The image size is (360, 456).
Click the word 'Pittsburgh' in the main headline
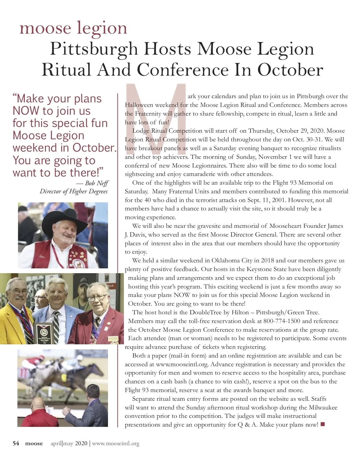94,49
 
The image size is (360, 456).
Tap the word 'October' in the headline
290,70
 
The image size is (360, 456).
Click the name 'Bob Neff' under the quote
97,183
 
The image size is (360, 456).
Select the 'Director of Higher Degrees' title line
73,192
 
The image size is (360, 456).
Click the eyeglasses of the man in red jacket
97,298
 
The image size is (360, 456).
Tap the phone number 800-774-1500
282,321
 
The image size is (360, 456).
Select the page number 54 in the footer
16,443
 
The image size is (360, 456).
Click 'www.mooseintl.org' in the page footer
116,443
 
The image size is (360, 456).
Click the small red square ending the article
323,424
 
